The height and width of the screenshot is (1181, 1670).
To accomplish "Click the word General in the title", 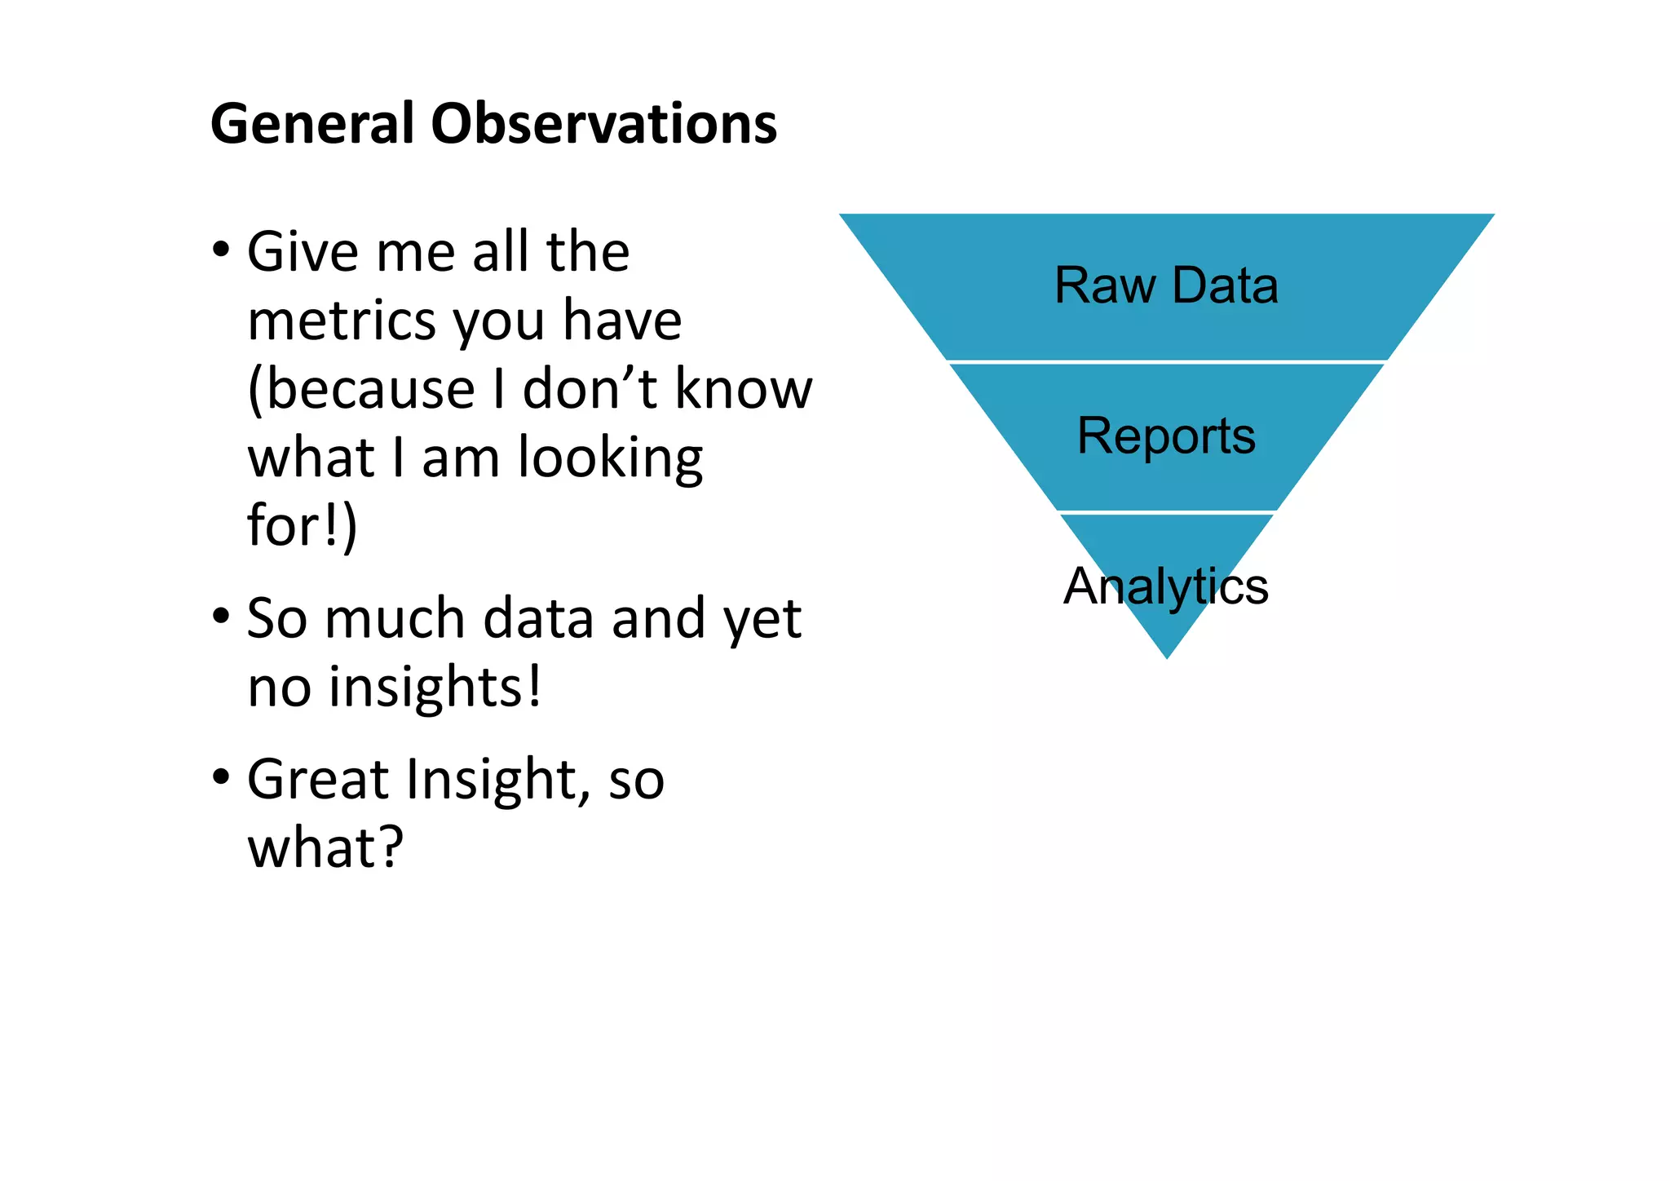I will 312,124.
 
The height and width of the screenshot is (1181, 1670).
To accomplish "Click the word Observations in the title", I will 603,124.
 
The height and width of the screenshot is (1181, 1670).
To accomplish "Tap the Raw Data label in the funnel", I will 1166,285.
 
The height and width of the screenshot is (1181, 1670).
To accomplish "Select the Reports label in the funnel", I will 1166,436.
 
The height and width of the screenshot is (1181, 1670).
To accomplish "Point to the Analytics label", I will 1166,586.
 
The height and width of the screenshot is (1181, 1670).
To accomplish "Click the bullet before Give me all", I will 221,250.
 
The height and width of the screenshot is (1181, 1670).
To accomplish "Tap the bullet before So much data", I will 221,617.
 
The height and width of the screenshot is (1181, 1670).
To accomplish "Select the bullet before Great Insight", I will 221,778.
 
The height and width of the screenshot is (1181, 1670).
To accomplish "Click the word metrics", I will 342,320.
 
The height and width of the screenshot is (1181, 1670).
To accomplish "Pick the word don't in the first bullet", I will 590,388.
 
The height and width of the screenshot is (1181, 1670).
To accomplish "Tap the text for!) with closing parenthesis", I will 302,526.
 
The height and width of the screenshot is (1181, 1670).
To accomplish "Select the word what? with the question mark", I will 325,847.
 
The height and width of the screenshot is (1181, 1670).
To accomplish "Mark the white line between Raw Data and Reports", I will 1166,361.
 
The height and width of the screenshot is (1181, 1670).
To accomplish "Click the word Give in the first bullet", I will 303,251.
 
